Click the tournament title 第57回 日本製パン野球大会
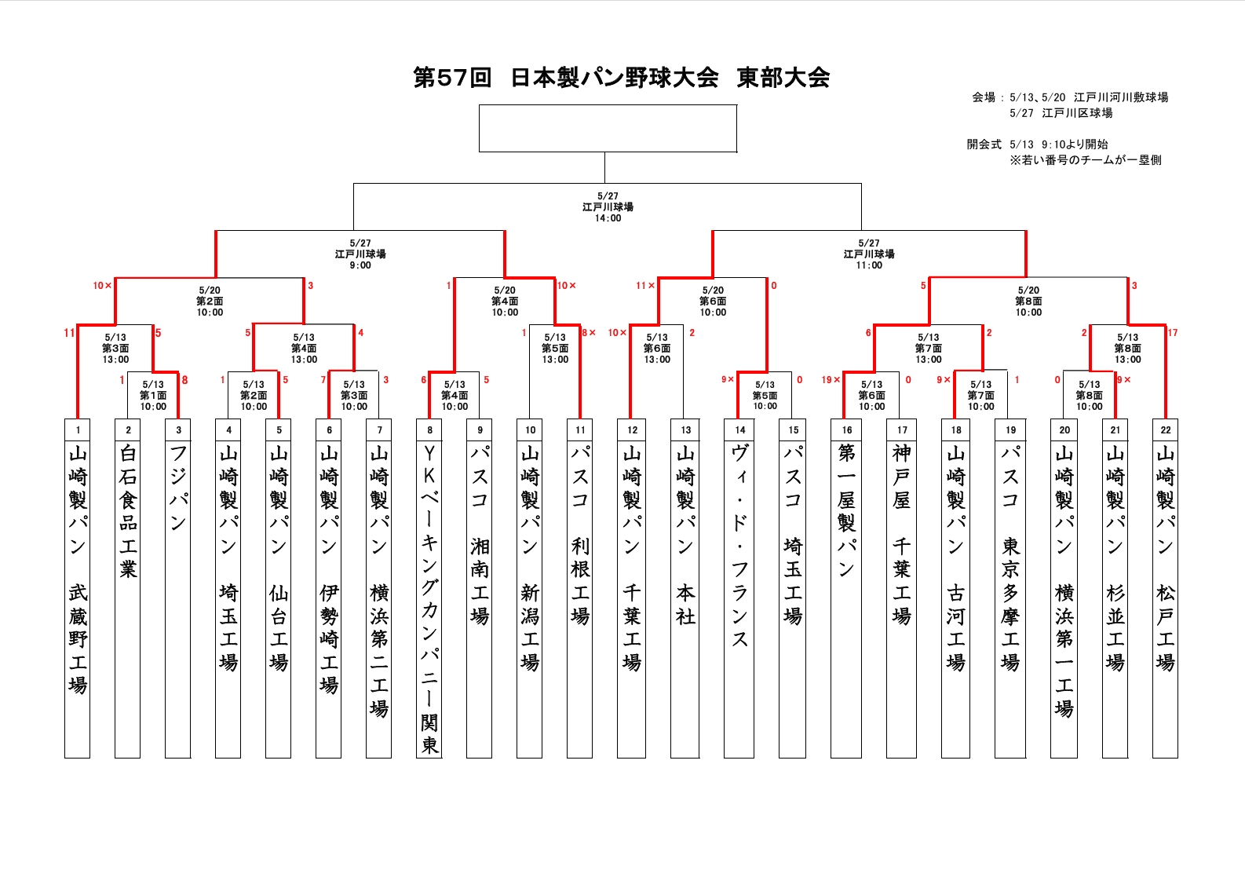[x=566, y=77]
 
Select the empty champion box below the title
[x=608, y=129]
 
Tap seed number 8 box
[x=429, y=430]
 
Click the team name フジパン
[x=178, y=488]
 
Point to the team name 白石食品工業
[x=129, y=511]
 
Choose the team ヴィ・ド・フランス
[x=739, y=546]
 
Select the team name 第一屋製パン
[x=846, y=511]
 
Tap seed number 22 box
[x=1166, y=430]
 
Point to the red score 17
[x=1173, y=332]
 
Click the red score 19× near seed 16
[x=831, y=379]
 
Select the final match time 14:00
[x=608, y=218]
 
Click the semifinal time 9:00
[x=360, y=265]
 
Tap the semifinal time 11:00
[x=869, y=265]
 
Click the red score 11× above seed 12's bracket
[x=645, y=285]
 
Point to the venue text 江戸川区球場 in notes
[x=1077, y=113]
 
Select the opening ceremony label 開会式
[x=984, y=144]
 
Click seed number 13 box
[x=686, y=430]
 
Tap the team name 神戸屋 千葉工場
[x=901, y=534]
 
